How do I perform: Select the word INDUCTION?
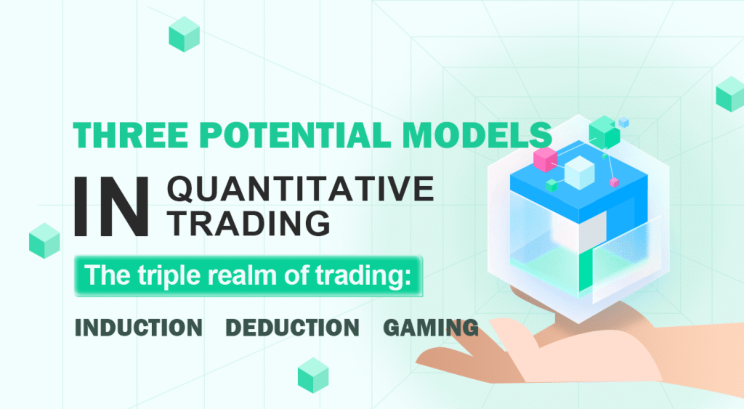pyautogui.click(x=139, y=328)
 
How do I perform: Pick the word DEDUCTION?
pyautogui.click(x=292, y=328)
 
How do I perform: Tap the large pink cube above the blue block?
pyautogui.click(x=544, y=159)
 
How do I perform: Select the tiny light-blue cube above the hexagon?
pyautogui.click(x=623, y=123)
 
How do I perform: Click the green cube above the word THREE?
pyautogui.click(x=184, y=34)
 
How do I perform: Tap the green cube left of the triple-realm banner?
pyautogui.click(x=44, y=240)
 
